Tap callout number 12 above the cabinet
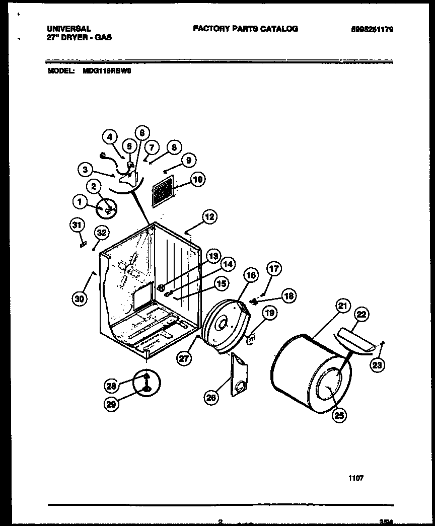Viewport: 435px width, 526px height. pyautogui.click(x=209, y=217)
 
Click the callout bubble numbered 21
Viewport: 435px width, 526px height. pyautogui.click(x=343, y=306)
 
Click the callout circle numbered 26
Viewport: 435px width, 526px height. pyautogui.click(x=212, y=398)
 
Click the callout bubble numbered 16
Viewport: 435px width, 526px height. pyautogui.click(x=251, y=275)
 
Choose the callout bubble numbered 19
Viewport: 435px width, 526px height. pyautogui.click(x=270, y=314)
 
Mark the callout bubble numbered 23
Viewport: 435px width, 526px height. pyautogui.click(x=377, y=366)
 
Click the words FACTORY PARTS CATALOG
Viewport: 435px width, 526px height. pyautogui.click(x=245, y=29)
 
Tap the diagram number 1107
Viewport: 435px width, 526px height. pyautogui.click(x=355, y=479)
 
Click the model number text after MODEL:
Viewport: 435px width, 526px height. pyautogui.click(x=104, y=71)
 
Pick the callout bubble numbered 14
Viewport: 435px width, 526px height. pyautogui.click(x=228, y=263)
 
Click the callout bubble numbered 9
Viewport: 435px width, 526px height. pyautogui.click(x=188, y=161)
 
